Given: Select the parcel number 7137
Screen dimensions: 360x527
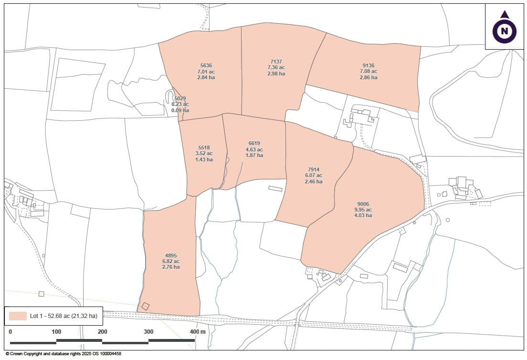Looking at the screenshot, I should (x=276, y=62).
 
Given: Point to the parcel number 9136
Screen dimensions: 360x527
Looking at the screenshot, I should (x=368, y=65).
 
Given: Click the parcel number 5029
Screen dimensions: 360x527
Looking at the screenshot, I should (x=180, y=98).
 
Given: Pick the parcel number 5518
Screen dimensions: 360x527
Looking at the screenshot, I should (x=204, y=148).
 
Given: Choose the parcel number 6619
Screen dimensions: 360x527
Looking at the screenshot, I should (x=254, y=143).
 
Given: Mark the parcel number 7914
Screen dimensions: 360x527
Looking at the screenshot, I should (x=313, y=169).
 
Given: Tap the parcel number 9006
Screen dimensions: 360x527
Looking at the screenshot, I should (x=362, y=204).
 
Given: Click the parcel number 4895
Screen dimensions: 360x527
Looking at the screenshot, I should (x=170, y=255).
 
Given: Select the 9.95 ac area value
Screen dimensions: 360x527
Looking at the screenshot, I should (x=362, y=210).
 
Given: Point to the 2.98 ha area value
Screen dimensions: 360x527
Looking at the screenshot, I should (x=276, y=74).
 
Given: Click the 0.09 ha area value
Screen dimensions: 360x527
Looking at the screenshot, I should (x=180, y=110).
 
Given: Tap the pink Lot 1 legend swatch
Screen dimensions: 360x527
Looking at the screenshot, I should (x=18, y=316).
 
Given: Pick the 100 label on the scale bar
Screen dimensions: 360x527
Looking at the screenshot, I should (x=56, y=332).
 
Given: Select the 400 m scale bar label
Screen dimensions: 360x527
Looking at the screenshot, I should (x=198, y=332).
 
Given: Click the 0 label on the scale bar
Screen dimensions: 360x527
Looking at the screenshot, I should (x=11, y=332).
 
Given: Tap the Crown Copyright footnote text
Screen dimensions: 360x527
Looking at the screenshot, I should (x=63, y=354).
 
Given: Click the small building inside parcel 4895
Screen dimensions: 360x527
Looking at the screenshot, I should (x=146, y=307).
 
